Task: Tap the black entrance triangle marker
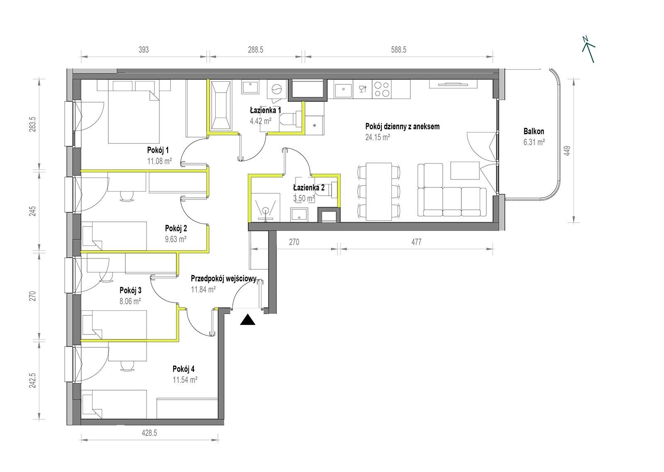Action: pos(248,320)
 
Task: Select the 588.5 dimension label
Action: pos(398,50)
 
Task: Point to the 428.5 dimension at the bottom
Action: pos(149,433)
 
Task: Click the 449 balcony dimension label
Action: pos(567,150)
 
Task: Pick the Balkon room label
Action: pos(534,131)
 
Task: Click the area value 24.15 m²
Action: pos(377,137)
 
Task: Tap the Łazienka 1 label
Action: pos(266,111)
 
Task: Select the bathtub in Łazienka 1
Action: pos(221,106)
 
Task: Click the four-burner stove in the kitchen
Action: pos(382,89)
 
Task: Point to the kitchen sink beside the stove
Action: pos(343,89)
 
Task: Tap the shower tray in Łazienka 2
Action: pos(265,207)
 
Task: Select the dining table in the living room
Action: pos(379,192)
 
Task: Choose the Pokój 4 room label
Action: pos(183,369)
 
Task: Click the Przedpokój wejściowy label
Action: pos(224,278)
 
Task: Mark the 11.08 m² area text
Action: pos(159,161)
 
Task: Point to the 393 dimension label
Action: pos(144,50)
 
